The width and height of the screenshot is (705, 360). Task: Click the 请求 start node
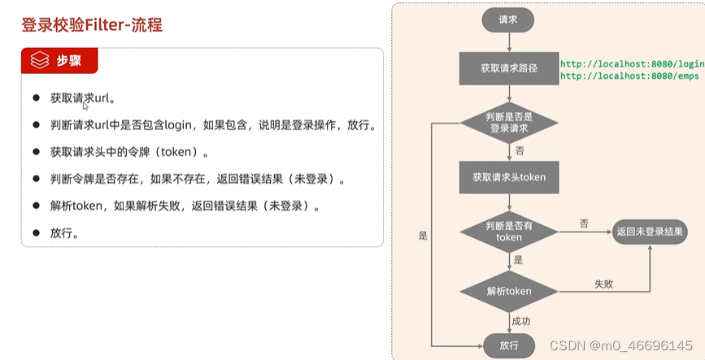(x=508, y=20)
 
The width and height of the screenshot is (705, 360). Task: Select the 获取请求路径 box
(x=509, y=69)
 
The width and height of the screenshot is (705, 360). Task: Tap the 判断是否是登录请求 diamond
(x=509, y=123)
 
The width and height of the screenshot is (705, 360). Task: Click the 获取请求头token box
(x=509, y=177)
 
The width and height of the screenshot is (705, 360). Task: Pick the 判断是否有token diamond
(x=509, y=232)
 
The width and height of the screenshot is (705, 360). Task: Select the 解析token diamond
(x=509, y=291)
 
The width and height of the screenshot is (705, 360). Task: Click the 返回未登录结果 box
(x=650, y=232)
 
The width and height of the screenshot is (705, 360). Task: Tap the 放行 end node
(x=509, y=345)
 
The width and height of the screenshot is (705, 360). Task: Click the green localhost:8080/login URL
(x=632, y=63)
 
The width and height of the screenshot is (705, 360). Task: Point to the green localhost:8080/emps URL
(x=629, y=76)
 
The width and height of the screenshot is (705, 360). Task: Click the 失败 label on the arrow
(x=603, y=284)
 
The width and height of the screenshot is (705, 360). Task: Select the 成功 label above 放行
(x=521, y=321)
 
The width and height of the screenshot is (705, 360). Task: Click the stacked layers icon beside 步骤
(x=40, y=61)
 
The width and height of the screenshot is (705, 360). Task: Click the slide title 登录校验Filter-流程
(x=92, y=25)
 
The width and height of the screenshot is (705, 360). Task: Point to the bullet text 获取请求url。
(x=82, y=98)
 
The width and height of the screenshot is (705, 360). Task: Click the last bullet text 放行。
(x=64, y=233)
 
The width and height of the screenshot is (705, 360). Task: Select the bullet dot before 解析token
(x=36, y=206)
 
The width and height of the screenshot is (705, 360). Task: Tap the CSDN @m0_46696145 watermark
(x=621, y=345)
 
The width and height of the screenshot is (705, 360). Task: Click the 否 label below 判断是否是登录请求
(x=519, y=150)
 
